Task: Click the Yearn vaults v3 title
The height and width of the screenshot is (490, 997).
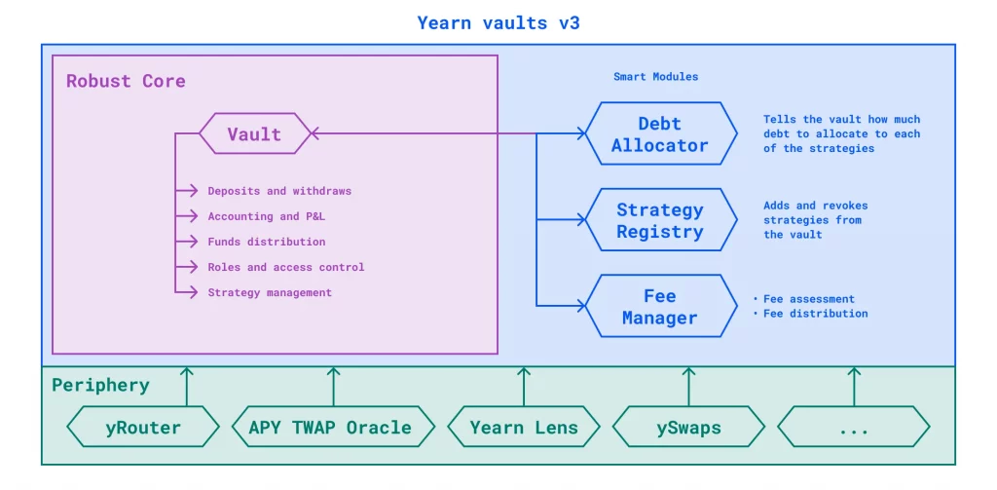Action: (x=498, y=23)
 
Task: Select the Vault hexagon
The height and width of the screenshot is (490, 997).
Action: (x=255, y=133)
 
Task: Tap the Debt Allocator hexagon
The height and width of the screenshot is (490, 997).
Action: (x=660, y=133)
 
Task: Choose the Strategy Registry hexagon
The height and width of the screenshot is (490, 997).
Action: (x=660, y=219)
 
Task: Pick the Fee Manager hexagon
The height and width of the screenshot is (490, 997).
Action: (x=660, y=306)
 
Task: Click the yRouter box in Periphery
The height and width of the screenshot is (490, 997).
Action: (x=143, y=427)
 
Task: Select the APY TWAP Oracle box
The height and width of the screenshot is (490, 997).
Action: (x=333, y=427)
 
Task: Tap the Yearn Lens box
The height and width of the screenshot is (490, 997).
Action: (x=524, y=427)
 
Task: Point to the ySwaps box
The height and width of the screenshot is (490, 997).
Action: (x=688, y=427)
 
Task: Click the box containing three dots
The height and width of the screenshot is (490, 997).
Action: (x=854, y=427)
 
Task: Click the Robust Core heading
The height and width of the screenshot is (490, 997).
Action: (x=126, y=82)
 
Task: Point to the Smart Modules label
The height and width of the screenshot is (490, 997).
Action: (x=655, y=76)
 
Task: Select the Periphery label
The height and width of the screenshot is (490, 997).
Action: (x=100, y=385)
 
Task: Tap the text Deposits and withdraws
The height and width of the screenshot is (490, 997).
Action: (x=279, y=191)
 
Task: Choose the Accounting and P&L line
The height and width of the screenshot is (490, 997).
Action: (x=267, y=216)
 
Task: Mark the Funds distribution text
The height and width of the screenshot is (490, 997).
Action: (x=267, y=242)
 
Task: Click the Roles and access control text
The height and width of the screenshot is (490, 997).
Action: (x=286, y=267)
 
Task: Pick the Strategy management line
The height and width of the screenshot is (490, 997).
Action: (x=270, y=292)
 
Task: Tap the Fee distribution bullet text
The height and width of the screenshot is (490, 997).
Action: (x=815, y=313)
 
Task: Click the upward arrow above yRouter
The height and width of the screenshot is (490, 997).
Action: (x=187, y=387)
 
